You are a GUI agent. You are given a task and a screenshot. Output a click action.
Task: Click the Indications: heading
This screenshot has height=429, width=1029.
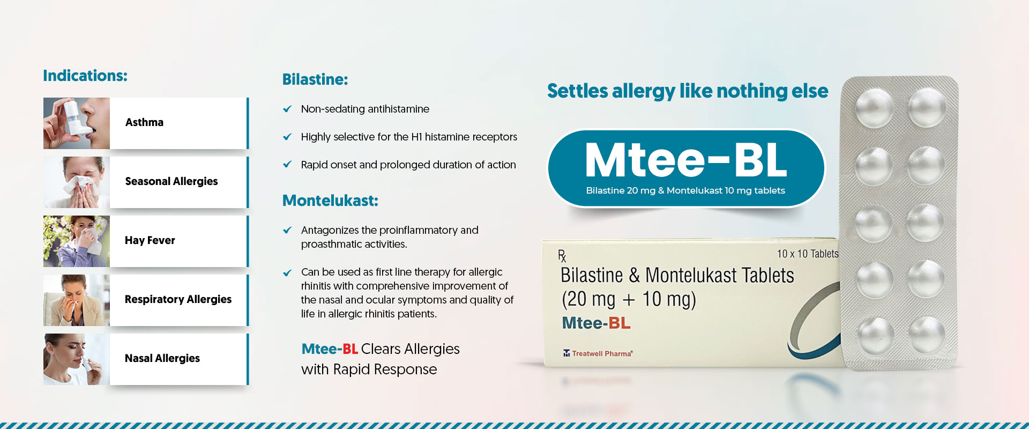click(85, 76)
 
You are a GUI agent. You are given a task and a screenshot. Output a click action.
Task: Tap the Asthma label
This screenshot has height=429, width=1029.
click(144, 122)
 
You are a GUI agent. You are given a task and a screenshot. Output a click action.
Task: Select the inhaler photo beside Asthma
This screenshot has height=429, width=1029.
click(77, 123)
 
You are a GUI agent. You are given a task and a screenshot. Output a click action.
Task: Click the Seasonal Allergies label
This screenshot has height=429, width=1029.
click(171, 181)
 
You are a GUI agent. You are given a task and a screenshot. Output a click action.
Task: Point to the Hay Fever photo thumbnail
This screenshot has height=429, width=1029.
click(77, 241)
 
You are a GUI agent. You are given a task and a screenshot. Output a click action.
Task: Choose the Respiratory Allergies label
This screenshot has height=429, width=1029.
click(178, 299)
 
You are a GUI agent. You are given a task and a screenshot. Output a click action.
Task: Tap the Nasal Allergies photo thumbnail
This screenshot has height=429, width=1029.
click(77, 359)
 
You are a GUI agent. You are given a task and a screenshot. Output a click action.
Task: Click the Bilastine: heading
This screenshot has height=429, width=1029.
click(315, 79)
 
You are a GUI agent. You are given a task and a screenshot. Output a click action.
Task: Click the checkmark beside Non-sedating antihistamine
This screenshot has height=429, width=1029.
click(287, 109)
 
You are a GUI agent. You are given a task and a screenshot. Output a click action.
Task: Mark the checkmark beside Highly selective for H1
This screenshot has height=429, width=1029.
click(287, 137)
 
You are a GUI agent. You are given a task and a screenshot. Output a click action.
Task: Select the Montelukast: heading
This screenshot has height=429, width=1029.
click(330, 201)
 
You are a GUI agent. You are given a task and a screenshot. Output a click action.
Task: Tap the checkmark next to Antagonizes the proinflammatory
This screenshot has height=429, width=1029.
click(287, 230)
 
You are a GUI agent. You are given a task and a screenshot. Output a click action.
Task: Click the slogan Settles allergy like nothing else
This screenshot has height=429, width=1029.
click(688, 91)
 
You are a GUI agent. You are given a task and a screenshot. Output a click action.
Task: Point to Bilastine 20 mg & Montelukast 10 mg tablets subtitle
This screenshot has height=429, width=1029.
click(685, 190)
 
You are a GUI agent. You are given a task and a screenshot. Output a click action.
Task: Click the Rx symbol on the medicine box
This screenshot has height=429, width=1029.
click(562, 256)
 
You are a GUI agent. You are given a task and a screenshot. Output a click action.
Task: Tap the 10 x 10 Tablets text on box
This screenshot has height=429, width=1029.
click(808, 254)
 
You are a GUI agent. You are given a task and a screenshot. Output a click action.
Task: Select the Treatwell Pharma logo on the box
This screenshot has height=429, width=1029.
click(598, 353)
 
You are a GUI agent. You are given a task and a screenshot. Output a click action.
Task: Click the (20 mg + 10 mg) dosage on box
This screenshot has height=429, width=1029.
click(629, 299)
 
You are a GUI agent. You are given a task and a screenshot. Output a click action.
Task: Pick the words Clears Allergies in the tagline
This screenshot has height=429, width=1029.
click(411, 349)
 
